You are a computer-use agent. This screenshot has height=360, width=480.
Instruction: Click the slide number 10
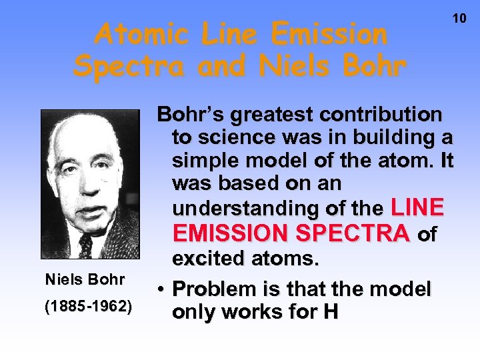click(x=460, y=18)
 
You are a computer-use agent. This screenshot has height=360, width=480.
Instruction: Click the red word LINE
click(x=417, y=208)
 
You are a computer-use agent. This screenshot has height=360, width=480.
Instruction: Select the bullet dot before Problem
click(x=162, y=290)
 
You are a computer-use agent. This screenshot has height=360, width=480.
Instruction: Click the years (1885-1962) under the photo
click(x=89, y=307)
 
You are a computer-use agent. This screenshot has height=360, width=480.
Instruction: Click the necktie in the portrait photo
click(x=86, y=245)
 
